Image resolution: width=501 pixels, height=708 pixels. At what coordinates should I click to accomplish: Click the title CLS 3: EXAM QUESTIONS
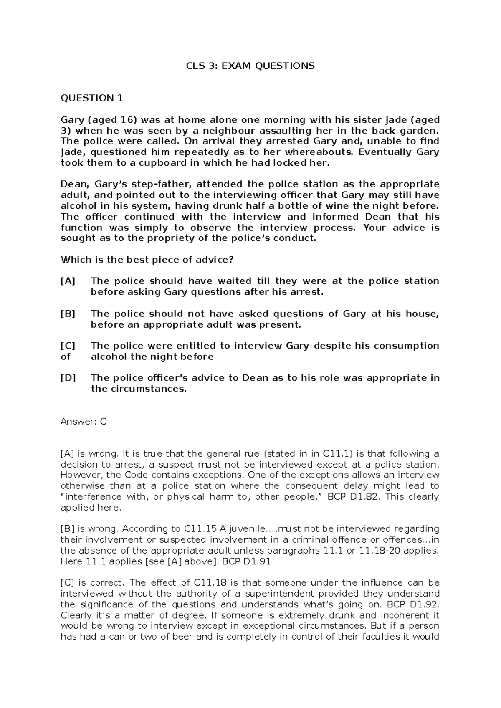[250, 66]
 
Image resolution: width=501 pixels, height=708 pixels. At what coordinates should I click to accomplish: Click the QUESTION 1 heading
[92, 98]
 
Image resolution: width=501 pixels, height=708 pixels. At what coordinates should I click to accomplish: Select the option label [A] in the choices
[68, 281]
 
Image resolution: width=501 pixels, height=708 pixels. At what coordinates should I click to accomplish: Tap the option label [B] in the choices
[68, 314]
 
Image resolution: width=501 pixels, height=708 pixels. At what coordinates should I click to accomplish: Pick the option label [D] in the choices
[68, 378]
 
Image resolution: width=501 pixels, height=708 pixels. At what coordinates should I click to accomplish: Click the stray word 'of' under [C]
[65, 357]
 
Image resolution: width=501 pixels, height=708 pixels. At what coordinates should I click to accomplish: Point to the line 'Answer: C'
[83, 422]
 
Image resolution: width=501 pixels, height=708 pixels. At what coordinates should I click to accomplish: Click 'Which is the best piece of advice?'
[147, 260]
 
